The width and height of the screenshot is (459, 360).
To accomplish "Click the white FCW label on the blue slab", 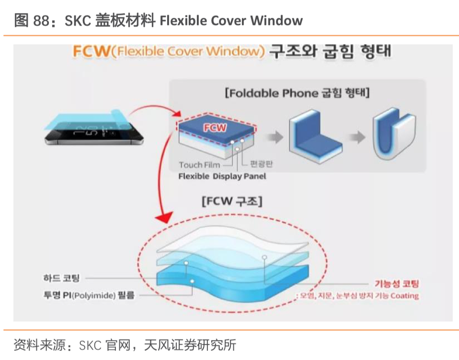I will click(x=215, y=128).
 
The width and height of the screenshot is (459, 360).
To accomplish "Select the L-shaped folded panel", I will click(x=314, y=136).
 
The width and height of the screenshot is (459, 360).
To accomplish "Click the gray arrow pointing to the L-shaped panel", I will click(x=274, y=137).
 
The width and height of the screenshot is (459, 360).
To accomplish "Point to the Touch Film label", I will click(x=199, y=165).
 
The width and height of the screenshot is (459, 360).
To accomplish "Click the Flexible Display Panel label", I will click(x=222, y=176).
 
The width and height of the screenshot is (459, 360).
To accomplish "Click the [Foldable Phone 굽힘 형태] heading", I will click(x=297, y=93).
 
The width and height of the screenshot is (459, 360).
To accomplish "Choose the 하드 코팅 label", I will click(x=62, y=278).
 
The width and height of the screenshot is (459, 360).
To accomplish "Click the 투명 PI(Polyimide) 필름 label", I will click(x=89, y=295).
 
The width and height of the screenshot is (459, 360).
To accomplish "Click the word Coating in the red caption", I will click(x=404, y=296).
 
